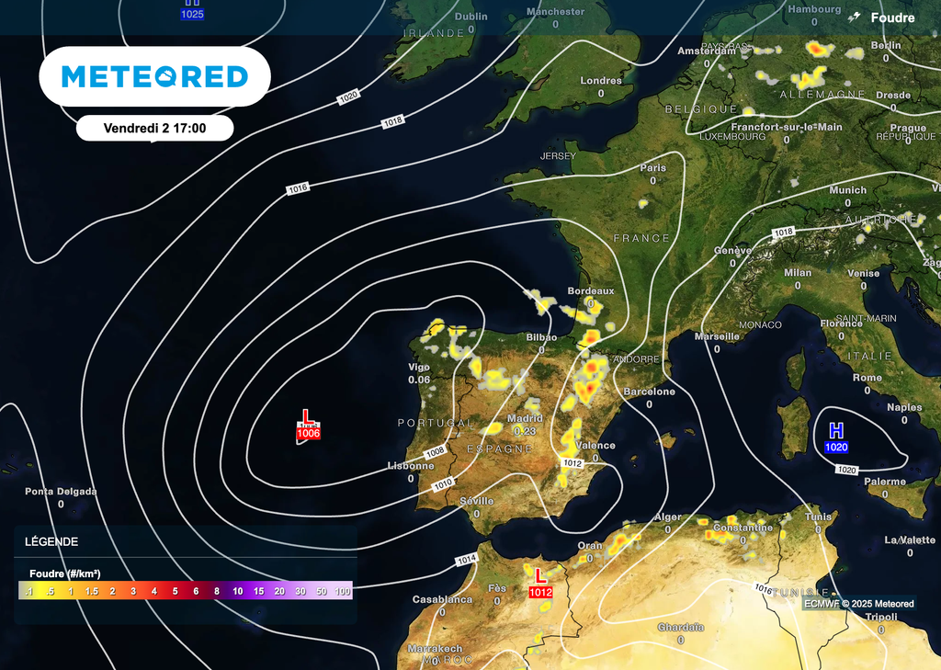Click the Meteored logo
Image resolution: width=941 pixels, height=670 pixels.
pos(154,76)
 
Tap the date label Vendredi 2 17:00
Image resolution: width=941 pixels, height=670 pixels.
pos(154,128)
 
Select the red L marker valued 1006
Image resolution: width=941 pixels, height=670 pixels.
pos(307,426)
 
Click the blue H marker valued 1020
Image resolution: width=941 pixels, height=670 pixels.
pos(836,437)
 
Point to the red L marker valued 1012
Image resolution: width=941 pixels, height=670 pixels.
pos(540,584)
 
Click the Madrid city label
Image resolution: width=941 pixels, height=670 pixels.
pos(525,418)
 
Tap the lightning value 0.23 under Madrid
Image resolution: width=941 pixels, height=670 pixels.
pos(525,431)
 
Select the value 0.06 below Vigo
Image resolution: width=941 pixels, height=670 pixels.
pos(419,380)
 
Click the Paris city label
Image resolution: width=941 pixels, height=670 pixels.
pos(653,168)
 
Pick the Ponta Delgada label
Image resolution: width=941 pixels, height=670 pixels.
pos(61,492)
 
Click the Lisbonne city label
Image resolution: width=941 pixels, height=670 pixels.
pos(410,466)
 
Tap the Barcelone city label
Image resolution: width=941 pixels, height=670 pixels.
pos(649,392)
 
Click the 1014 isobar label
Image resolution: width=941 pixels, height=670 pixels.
pos(466,560)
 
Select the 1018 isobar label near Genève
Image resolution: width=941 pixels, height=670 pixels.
pos(783,233)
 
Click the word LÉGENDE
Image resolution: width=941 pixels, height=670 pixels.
pos(51,542)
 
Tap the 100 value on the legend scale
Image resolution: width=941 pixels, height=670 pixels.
pos(343,591)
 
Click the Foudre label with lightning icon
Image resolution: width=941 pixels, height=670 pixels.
pos(883,17)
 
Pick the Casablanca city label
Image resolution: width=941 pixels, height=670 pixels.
pos(442,599)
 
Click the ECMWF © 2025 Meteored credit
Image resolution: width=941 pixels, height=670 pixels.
pos(859,604)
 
